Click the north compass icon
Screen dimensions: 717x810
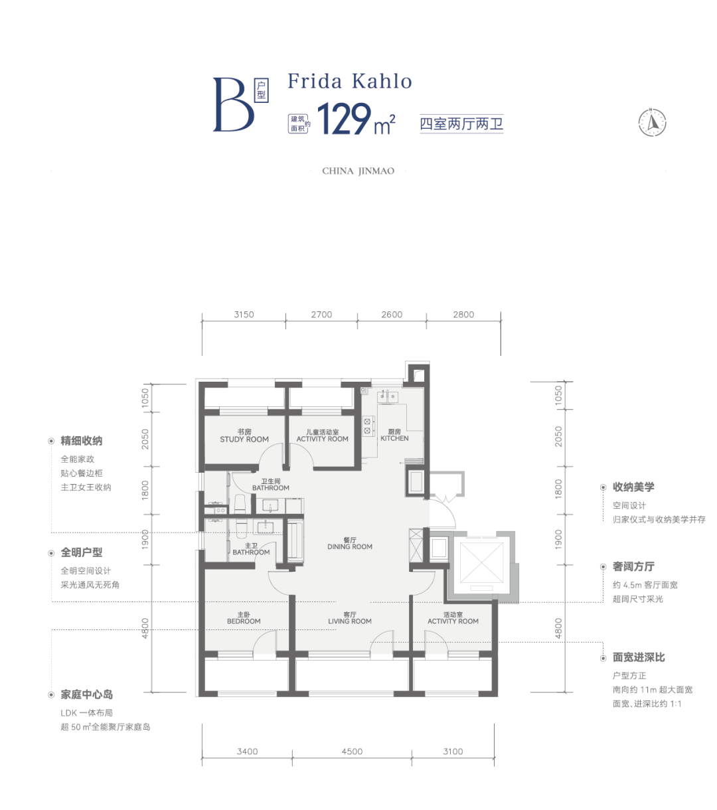pyautogui.click(x=652, y=122)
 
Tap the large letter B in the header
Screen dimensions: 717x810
pyautogui.click(x=233, y=105)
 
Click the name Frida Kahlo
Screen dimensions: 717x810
pyautogui.click(x=349, y=81)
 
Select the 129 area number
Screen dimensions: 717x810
pyautogui.click(x=344, y=119)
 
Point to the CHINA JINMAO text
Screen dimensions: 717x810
pyautogui.click(x=358, y=171)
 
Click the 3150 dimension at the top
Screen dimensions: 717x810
pyautogui.click(x=244, y=315)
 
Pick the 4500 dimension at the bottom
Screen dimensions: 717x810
pyautogui.click(x=352, y=751)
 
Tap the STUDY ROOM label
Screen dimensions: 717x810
pyautogui.click(x=244, y=440)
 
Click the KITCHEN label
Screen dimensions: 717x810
pyautogui.click(x=394, y=438)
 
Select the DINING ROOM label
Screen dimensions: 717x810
pyautogui.click(x=349, y=546)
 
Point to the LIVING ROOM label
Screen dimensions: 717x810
pyautogui.click(x=349, y=621)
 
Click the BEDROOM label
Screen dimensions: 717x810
pyautogui.click(x=244, y=621)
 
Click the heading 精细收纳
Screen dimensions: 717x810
pyautogui.click(x=82, y=441)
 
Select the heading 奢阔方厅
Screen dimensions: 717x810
pyautogui.click(x=633, y=566)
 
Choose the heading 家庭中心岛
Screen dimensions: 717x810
pyautogui.click(x=87, y=694)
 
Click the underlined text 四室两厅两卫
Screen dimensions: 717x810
pyautogui.click(x=461, y=123)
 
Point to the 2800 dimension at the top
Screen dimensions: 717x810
pyautogui.click(x=463, y=315)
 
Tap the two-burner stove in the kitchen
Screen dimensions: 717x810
pyautogui.click(x=368, y=426)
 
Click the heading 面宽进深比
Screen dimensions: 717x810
pyautogui.click(x=639, y=657)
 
